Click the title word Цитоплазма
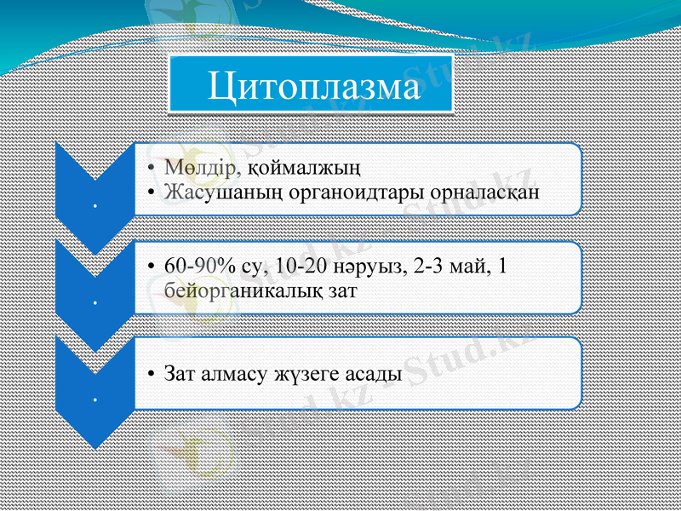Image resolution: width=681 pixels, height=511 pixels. point(314,86)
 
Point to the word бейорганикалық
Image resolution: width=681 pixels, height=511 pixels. point(243,290)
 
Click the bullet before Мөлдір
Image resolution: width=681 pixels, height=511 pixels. point(150,167)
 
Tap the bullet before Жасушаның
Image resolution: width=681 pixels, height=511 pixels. point(150,192)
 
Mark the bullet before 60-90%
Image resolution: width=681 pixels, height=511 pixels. point(150,267)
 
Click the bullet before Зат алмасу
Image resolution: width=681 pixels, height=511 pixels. point(150,375)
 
